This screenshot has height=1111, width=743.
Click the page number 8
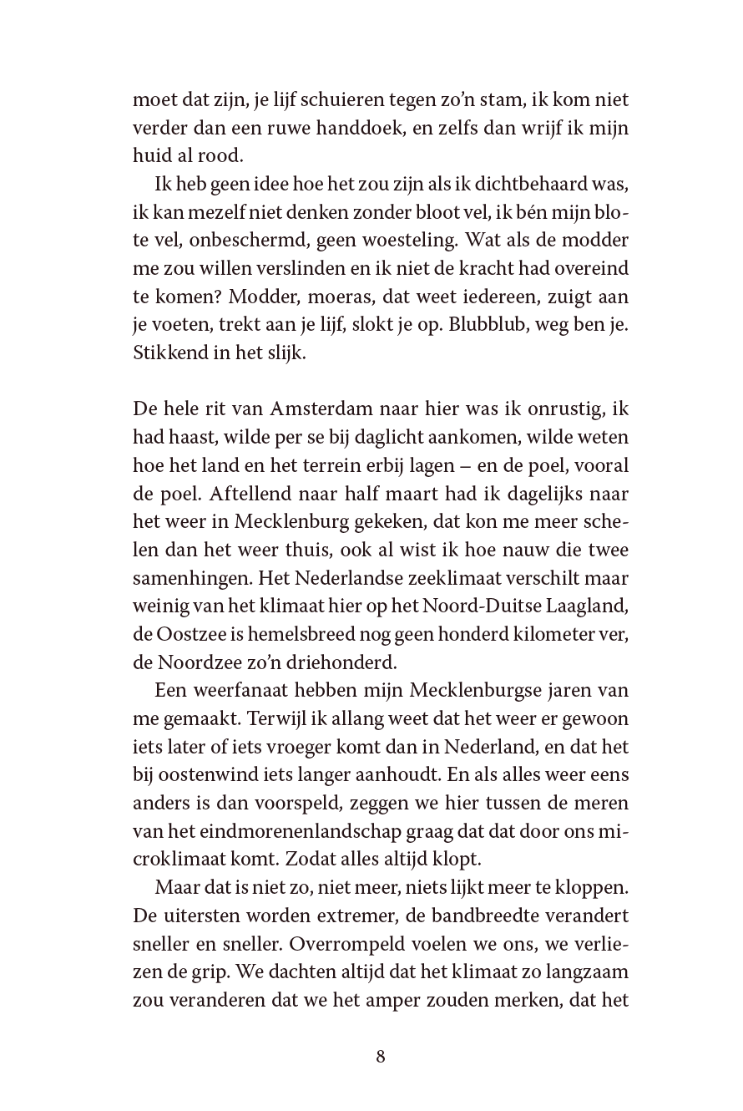pos(381,1056)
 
